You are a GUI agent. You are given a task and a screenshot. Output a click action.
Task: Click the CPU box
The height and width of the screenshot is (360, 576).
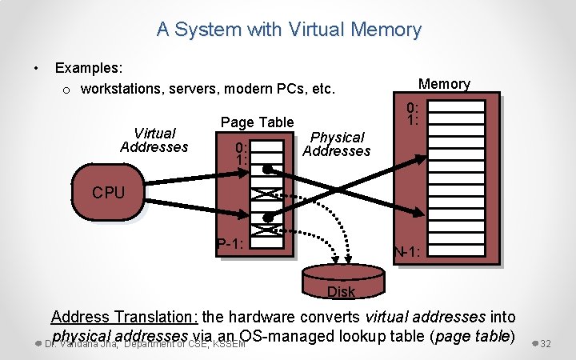click(108, 193)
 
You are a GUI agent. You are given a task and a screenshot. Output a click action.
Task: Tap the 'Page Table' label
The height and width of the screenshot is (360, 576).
click(258, 122)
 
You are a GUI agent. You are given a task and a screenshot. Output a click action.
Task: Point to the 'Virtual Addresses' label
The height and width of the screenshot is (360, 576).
click(154, 140)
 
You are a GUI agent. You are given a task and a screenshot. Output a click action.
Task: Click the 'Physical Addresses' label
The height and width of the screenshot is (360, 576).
click(337, 144)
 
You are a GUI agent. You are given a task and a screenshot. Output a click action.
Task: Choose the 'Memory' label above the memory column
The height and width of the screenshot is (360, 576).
click(444, 84)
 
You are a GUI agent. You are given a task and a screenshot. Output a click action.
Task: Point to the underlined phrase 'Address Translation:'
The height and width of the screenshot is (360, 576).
click(125, 318)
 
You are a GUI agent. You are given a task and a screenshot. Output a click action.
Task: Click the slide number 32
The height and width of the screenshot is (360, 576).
click(546, 343)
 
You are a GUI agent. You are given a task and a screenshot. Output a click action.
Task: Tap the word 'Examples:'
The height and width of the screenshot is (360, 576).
click(89, 70)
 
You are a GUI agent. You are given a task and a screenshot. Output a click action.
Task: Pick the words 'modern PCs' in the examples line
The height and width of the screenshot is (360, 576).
click(266, 89)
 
